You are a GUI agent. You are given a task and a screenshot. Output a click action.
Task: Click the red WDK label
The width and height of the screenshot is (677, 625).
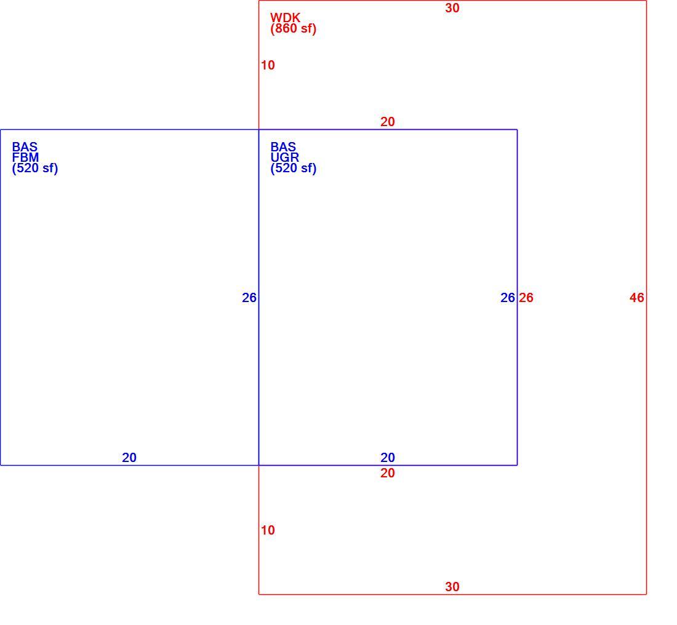pyautogui.click(x=285, y=18)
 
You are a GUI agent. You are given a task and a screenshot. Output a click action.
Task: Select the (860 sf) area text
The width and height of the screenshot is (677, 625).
pyautogui.click(x=294, y=28)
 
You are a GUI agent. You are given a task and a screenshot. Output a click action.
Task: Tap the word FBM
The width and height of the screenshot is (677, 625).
pyautogui.click(x=25, y=157)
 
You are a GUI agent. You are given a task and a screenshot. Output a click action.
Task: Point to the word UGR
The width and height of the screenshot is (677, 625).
pyautogui.click(x=285, y=157)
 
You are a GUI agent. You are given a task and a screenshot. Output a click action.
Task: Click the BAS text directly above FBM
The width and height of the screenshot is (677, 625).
pyautogui.click(x=25, y=147)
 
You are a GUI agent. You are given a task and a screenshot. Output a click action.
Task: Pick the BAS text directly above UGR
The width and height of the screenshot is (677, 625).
pyautogui.click(x=283, y=147)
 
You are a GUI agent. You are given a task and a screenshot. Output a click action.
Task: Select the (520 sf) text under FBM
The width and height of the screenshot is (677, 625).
pyautogui.click(x=35, y=169)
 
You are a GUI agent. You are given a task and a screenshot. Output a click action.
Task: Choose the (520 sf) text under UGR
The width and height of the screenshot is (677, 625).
pyautogui.click(x=294, y=169)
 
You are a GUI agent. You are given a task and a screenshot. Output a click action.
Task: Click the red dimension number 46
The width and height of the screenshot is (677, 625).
pyautogui.click(x=637, y=298)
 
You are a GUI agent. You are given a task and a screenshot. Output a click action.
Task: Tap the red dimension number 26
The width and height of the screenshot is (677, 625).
pyautogui.click(x=526, y=298)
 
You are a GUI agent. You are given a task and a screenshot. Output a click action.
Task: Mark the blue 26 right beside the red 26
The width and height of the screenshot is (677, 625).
pyautogui.click(x=508, y=298)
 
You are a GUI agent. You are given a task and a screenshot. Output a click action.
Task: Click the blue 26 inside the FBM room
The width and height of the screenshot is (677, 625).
pyautogui.click(x=249, y=298)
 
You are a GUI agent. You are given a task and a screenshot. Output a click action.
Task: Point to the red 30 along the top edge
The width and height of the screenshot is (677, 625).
pyautogui.click(x=452, y=8)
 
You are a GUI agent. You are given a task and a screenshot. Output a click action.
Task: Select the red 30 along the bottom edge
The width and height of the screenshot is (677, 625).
pyautogui.click(x=452, y=587)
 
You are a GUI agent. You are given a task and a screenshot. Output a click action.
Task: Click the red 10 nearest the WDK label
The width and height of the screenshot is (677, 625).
pyautogui.click(x=268, y=65)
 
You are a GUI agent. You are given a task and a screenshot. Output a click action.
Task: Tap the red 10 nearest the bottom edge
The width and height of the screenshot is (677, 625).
pyautogui.click(x=268, y=530)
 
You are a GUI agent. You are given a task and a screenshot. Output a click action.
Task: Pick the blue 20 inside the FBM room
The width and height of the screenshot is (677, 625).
pyautogui.click(x=129, y=458)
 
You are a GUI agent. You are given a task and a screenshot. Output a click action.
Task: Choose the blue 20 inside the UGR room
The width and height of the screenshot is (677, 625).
pyautogui.click(x=388, y=458)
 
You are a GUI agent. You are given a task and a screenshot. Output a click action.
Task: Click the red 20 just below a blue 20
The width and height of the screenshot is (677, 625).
pyautogui.click(x=388, y=473)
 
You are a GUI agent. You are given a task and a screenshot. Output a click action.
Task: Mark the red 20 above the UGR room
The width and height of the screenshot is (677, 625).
pyautogui.click(x=388, y=122)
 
